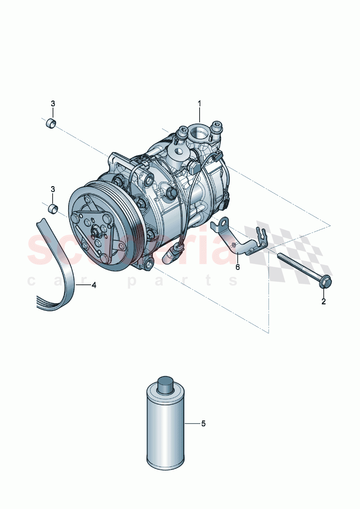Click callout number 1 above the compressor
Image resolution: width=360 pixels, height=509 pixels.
(x=199, y=104)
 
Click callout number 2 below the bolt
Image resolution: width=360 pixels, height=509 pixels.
(x=323, y=301)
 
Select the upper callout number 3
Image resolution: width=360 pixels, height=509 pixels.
(x=53, y=104)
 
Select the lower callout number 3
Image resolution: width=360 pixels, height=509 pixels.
(x=53, y=189)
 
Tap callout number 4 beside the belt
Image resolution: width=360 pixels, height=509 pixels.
(x=94, y=285)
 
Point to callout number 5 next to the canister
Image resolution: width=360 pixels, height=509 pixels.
(x=203, y=423)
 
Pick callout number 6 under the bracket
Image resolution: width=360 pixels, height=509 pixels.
(x=238, y=267)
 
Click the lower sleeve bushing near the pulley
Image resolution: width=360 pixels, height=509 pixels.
(x=53, y=209)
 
